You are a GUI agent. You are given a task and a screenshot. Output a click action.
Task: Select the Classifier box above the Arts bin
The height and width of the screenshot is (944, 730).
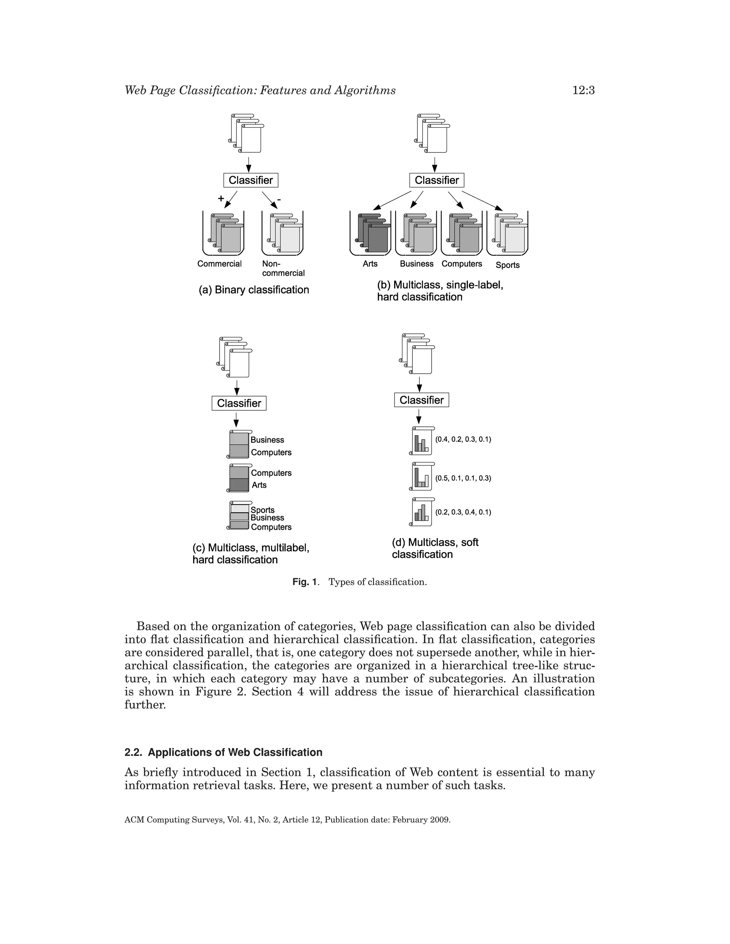[x=437, y=180]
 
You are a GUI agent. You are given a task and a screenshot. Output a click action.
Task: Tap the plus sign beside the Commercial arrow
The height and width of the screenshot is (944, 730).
[x=221, y=198]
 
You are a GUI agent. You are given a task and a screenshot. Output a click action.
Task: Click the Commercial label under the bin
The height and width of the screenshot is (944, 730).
[x=219, y=264]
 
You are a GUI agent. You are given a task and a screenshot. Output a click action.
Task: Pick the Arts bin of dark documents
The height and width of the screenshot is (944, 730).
[x=371, y=233]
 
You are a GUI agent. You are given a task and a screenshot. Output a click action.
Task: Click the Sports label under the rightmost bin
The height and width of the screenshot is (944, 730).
[x=507, y=265]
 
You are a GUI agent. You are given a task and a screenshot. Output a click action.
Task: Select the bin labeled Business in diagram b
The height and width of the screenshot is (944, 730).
[x=416, y=233]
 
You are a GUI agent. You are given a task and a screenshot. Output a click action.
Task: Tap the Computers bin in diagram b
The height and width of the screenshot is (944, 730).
[x=462, y=233]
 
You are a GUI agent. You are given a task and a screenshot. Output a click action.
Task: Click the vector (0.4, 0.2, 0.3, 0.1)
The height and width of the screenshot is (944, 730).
[x=463, y=440]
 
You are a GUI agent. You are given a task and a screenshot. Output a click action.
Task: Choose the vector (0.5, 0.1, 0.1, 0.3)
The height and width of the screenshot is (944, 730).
[x=463, y=478]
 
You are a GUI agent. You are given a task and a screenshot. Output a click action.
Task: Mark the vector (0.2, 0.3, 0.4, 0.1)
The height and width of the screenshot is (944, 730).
[x=463, y=512]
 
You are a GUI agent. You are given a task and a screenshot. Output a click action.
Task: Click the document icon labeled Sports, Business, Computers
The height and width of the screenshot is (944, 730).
[x=239, y=516]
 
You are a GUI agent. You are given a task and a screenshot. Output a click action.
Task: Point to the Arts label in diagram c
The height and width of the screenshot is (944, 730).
[x=259, y=485]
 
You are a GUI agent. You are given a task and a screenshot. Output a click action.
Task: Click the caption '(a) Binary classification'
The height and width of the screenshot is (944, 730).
[x=254, y=290]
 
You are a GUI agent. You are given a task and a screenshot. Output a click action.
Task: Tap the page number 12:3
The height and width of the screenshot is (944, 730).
[x=584, y=90]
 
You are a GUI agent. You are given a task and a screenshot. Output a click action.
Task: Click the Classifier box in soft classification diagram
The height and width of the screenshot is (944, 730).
[x=422, y=400]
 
